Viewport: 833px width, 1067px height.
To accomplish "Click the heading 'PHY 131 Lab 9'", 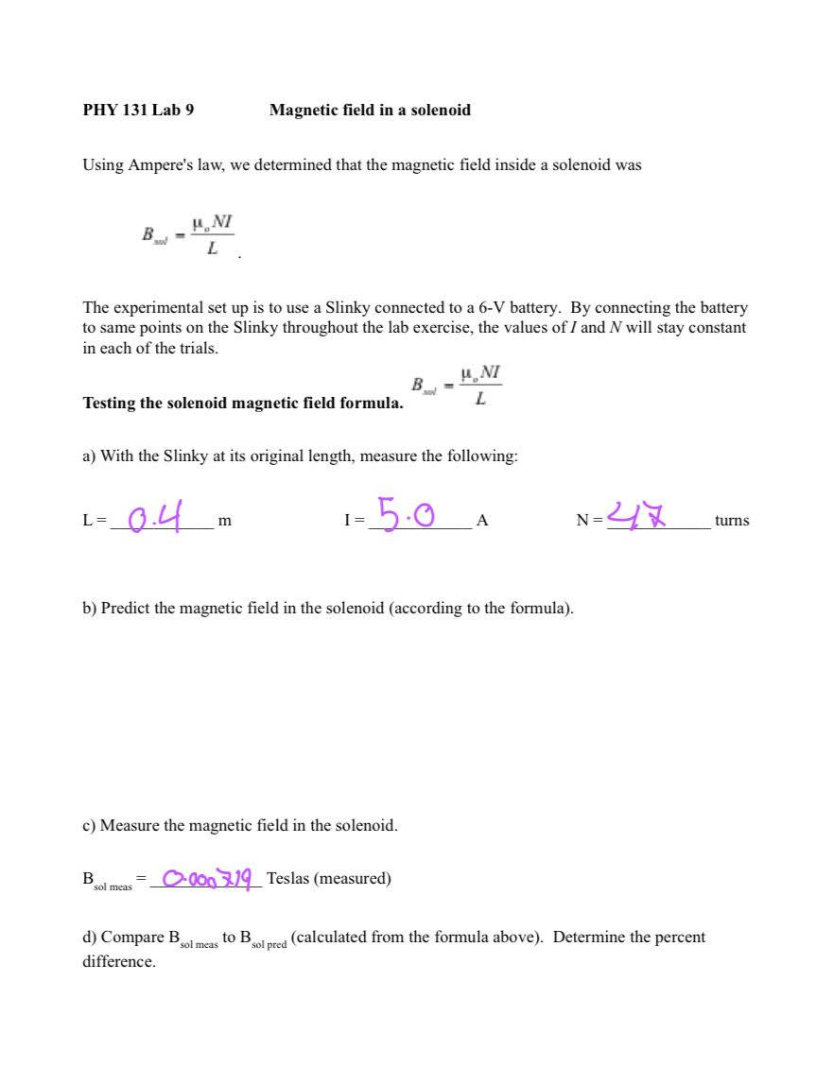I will (x=138, y=110).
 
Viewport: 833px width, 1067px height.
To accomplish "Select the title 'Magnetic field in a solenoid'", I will (x=370, y=110).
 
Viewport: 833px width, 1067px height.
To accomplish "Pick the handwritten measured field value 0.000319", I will (x=207, y=879).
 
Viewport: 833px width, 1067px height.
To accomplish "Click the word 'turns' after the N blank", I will (x=731, y=521).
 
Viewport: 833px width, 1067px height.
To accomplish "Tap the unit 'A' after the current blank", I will (x=481, y=521).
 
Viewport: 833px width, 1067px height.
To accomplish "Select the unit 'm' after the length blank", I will (x=224, y=521).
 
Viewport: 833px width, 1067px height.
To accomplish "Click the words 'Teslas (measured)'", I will (x=328, y=879).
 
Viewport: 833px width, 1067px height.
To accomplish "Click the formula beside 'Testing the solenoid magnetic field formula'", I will (x=457, y=386).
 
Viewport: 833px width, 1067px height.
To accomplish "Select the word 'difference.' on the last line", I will (x=119, y=962).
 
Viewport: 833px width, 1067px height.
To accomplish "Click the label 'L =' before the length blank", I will (x=95, y=521).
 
